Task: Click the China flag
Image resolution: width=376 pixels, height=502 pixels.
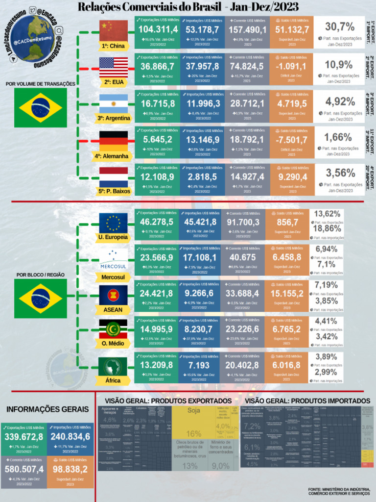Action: click(114, 31)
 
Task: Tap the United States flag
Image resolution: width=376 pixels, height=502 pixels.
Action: click(114, 68)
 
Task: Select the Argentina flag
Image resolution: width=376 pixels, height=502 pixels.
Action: click(114, 104)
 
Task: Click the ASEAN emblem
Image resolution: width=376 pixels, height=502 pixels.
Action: click(114, 295)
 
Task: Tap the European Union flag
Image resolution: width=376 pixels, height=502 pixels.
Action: click(114, 223)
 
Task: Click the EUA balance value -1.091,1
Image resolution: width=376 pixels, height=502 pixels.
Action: click(292, 67)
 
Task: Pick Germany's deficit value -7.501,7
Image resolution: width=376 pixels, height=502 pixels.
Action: click(292, 140)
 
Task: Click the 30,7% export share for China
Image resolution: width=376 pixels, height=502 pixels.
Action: click(340, 27)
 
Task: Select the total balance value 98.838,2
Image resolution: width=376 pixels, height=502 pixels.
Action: click(70, 470)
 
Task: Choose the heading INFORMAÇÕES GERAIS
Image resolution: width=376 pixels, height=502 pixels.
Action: click(47, 409)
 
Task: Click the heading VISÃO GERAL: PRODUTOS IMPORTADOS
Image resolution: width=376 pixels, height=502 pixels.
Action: click(309, 401)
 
